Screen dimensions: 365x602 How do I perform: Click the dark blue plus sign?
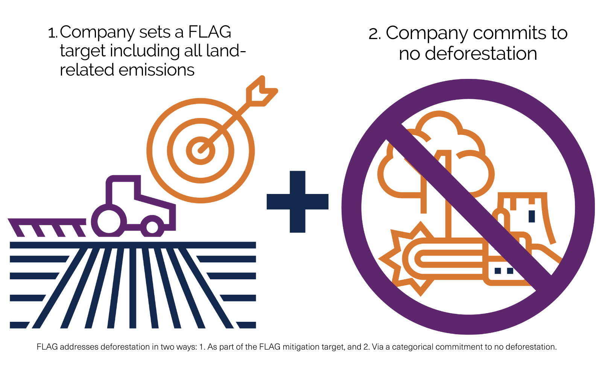coord(297,201)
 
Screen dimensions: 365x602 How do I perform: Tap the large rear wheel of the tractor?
coord(109,221)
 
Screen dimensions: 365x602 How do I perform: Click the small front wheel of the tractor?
coord(152,227)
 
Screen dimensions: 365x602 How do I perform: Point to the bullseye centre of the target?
coord(201,151)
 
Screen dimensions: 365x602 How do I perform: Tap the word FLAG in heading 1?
coord(209,32)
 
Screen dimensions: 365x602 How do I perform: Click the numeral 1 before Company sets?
coord(52,33)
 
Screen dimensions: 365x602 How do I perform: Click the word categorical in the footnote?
coord(413,347)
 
